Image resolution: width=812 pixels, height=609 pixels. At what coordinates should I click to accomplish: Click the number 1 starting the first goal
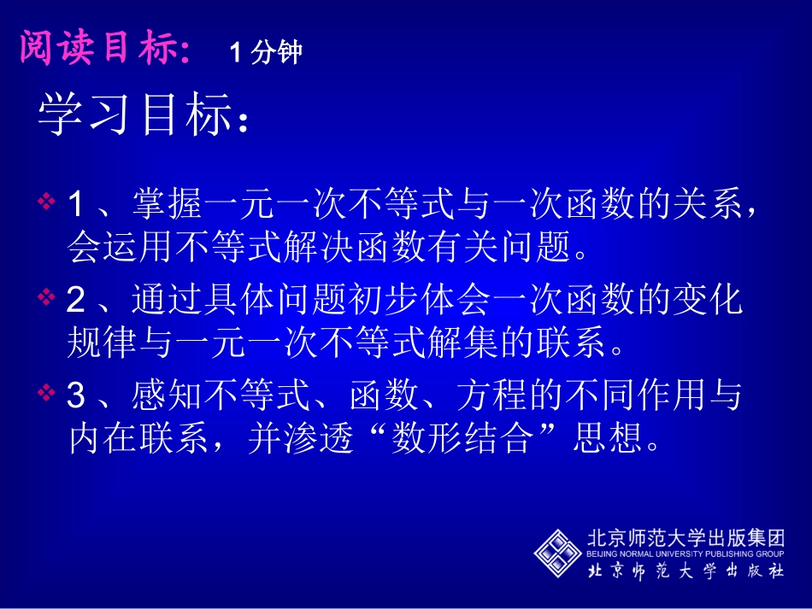[77, 205]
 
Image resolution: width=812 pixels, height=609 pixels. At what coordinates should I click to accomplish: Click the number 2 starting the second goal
[77, 300]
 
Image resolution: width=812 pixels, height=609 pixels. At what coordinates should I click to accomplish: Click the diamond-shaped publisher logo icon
[558, 553]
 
